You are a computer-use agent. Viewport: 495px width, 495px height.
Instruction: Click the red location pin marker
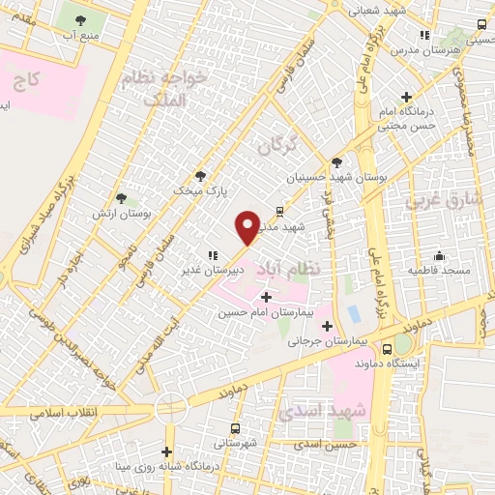pos(247,225)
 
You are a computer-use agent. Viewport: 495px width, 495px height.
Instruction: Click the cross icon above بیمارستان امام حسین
pos(266,297)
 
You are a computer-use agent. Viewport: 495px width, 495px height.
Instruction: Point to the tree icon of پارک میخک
pos(200,176)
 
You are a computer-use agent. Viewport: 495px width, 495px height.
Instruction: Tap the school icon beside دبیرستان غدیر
pos(212,254)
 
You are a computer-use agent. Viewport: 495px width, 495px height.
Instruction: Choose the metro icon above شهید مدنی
pos(279,210)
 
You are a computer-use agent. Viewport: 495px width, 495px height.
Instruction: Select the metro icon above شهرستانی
pos(236,427)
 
